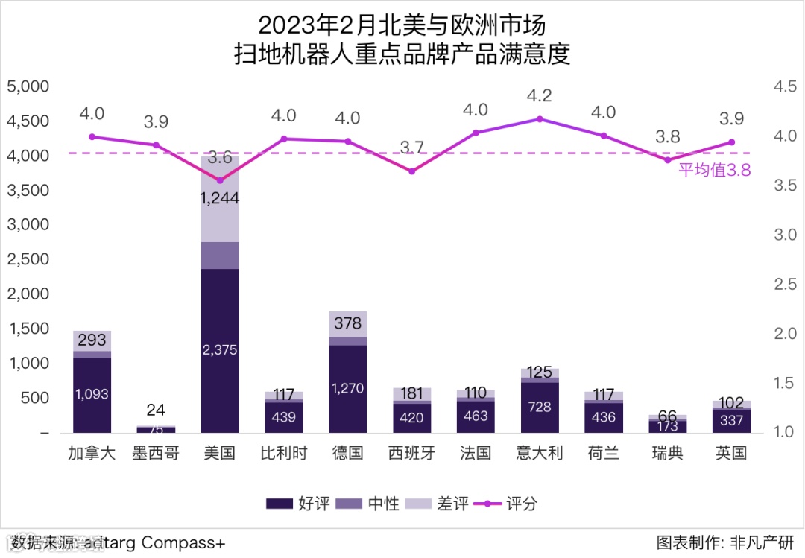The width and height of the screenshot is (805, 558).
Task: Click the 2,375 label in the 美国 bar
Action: (x=220, y=349)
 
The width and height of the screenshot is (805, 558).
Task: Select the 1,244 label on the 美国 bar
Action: (x=220, y=198)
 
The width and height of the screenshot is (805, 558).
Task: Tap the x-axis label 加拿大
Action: (x=92, y=453)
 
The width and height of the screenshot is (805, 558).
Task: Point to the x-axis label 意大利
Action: (x=540, y=453)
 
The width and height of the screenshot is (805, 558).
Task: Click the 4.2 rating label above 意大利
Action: (x=539, y=96)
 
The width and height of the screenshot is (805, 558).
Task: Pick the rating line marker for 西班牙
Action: (x=411, y=171)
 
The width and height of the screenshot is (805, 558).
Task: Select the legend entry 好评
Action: (x=298, y=504)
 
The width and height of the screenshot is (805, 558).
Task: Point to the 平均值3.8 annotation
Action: (x=713, y=170)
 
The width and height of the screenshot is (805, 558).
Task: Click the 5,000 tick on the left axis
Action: (x=28, y=86)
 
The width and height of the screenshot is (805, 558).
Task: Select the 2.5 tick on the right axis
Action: (x=785, y=284)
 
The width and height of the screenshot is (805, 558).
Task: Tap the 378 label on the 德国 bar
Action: (x=347, y=323)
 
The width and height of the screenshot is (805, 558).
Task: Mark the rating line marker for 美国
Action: (x=220, y=180)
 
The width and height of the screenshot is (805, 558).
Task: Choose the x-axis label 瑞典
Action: (x=667, y=453)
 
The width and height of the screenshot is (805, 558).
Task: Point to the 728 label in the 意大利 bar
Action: (x=540, y=407)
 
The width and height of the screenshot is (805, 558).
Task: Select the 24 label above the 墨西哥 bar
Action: (x=156, y=410)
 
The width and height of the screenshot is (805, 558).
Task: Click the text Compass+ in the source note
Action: (x=183, y=542)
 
